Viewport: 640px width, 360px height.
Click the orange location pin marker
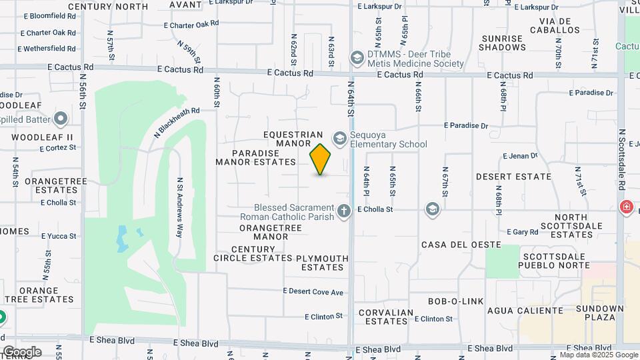[x=321, y=159]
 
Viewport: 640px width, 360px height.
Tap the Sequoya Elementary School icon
[x=340, y=138]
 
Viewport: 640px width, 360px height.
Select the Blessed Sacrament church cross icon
[x=344, y=211]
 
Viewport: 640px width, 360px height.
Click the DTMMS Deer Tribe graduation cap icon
[x=357, y=59]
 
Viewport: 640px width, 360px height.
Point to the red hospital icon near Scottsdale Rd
[x=626, y=207]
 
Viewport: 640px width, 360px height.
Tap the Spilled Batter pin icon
[x=61, y=119]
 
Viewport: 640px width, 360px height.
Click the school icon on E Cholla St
[x=433, y=210]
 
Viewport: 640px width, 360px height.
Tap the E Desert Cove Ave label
[x=313, y=291]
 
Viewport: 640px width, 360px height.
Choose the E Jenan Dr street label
[x=520, y=156]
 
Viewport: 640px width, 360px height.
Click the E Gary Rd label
[x=522, y=232]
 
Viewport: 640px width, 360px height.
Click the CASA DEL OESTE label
[x=461, y=245]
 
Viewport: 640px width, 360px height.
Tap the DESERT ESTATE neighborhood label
[x=513, y=177]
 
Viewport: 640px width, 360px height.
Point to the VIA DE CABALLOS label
[x=555, y=25]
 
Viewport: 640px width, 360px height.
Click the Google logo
[x=21, y=352]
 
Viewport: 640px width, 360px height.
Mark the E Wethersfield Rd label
[x=47, y=49]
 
